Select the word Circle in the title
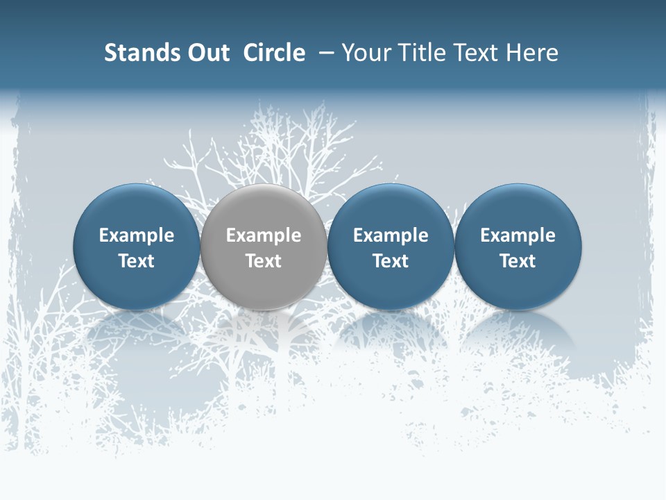coord(274,53)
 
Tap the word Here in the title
coord(531,53)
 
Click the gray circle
coord(264,247)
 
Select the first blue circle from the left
coord(137,247)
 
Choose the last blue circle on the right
coord(518,247)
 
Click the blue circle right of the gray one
coord(391,247)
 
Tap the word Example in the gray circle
coord(264,235)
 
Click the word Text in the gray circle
coord(264,261)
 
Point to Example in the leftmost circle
coord(137,235)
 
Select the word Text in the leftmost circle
coord(137,261)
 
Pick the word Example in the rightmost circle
coord(518,235)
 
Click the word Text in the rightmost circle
coord(518,261)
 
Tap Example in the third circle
coord(391,235)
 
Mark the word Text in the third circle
coord(391,261)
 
